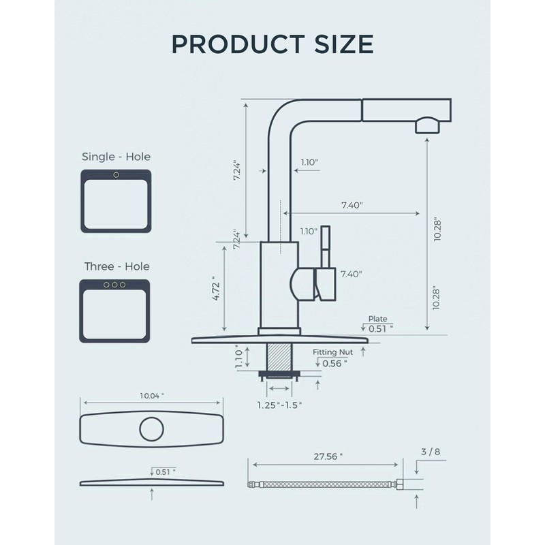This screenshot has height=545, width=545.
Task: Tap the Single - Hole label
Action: tap(116, 157)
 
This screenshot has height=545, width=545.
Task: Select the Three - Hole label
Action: tap(116, 266)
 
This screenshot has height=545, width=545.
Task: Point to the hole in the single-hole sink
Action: tap(116, 176)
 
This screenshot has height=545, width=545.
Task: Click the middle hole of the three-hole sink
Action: tap(115, 285)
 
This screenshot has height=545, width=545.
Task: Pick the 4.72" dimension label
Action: tap(216, 289)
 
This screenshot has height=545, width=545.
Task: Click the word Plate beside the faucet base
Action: tap(377, 318)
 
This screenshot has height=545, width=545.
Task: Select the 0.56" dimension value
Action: tap(334, 363)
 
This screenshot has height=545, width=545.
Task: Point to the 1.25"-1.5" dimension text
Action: tap(279, 405)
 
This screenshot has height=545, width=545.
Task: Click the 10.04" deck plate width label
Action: tap(152, 396)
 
